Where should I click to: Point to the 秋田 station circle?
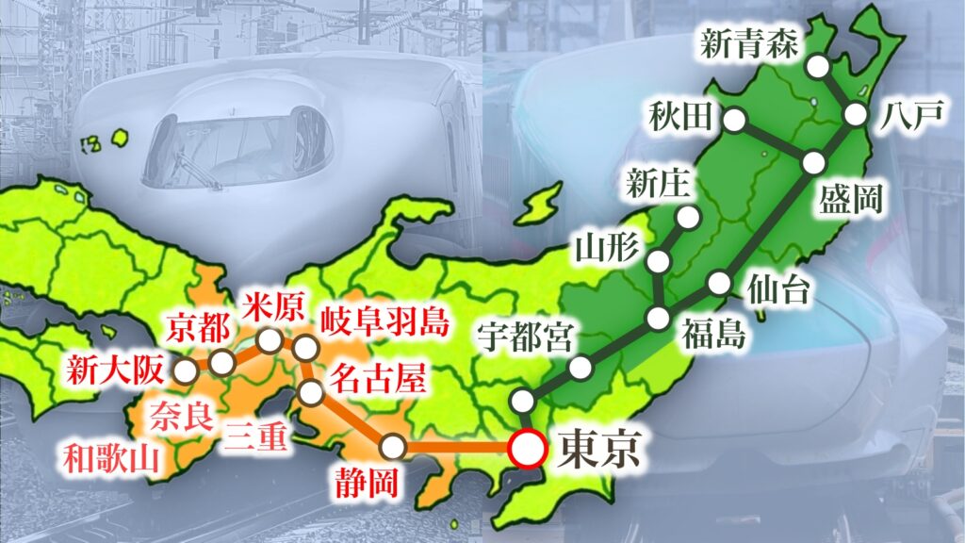(735, 120)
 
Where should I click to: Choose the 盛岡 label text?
(851, 199)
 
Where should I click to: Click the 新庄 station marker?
(688, 218)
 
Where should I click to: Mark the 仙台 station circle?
(720, 281)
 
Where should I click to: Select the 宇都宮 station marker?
(581, 367)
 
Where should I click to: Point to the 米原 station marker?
(270, 340)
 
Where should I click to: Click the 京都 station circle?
(222, 363)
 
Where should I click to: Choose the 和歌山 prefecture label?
(111, 459)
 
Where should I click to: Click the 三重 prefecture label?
(258, 436)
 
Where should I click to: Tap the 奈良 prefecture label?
(179, 414)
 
